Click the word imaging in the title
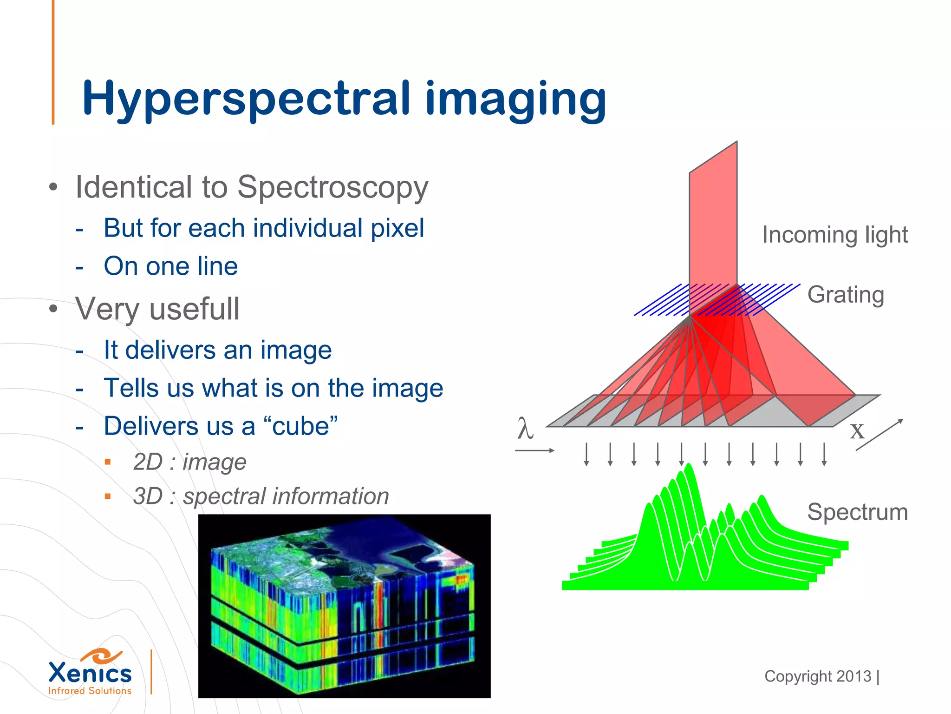(515, 100)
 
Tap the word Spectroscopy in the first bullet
(332, 187)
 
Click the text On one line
(170, 266)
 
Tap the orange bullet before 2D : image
(108, 462)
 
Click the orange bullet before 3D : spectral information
(108, 496)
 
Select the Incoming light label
(834, 235)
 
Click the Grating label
(845, 295)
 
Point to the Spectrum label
(857, 512)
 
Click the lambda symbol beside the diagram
(525, 429)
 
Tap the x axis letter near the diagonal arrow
(857, 431)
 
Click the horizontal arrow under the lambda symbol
(534, 450)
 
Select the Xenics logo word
(90, 673)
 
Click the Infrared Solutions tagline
(90, 691)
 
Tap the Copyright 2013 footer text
(818, 676)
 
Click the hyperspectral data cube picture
(344, 606)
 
